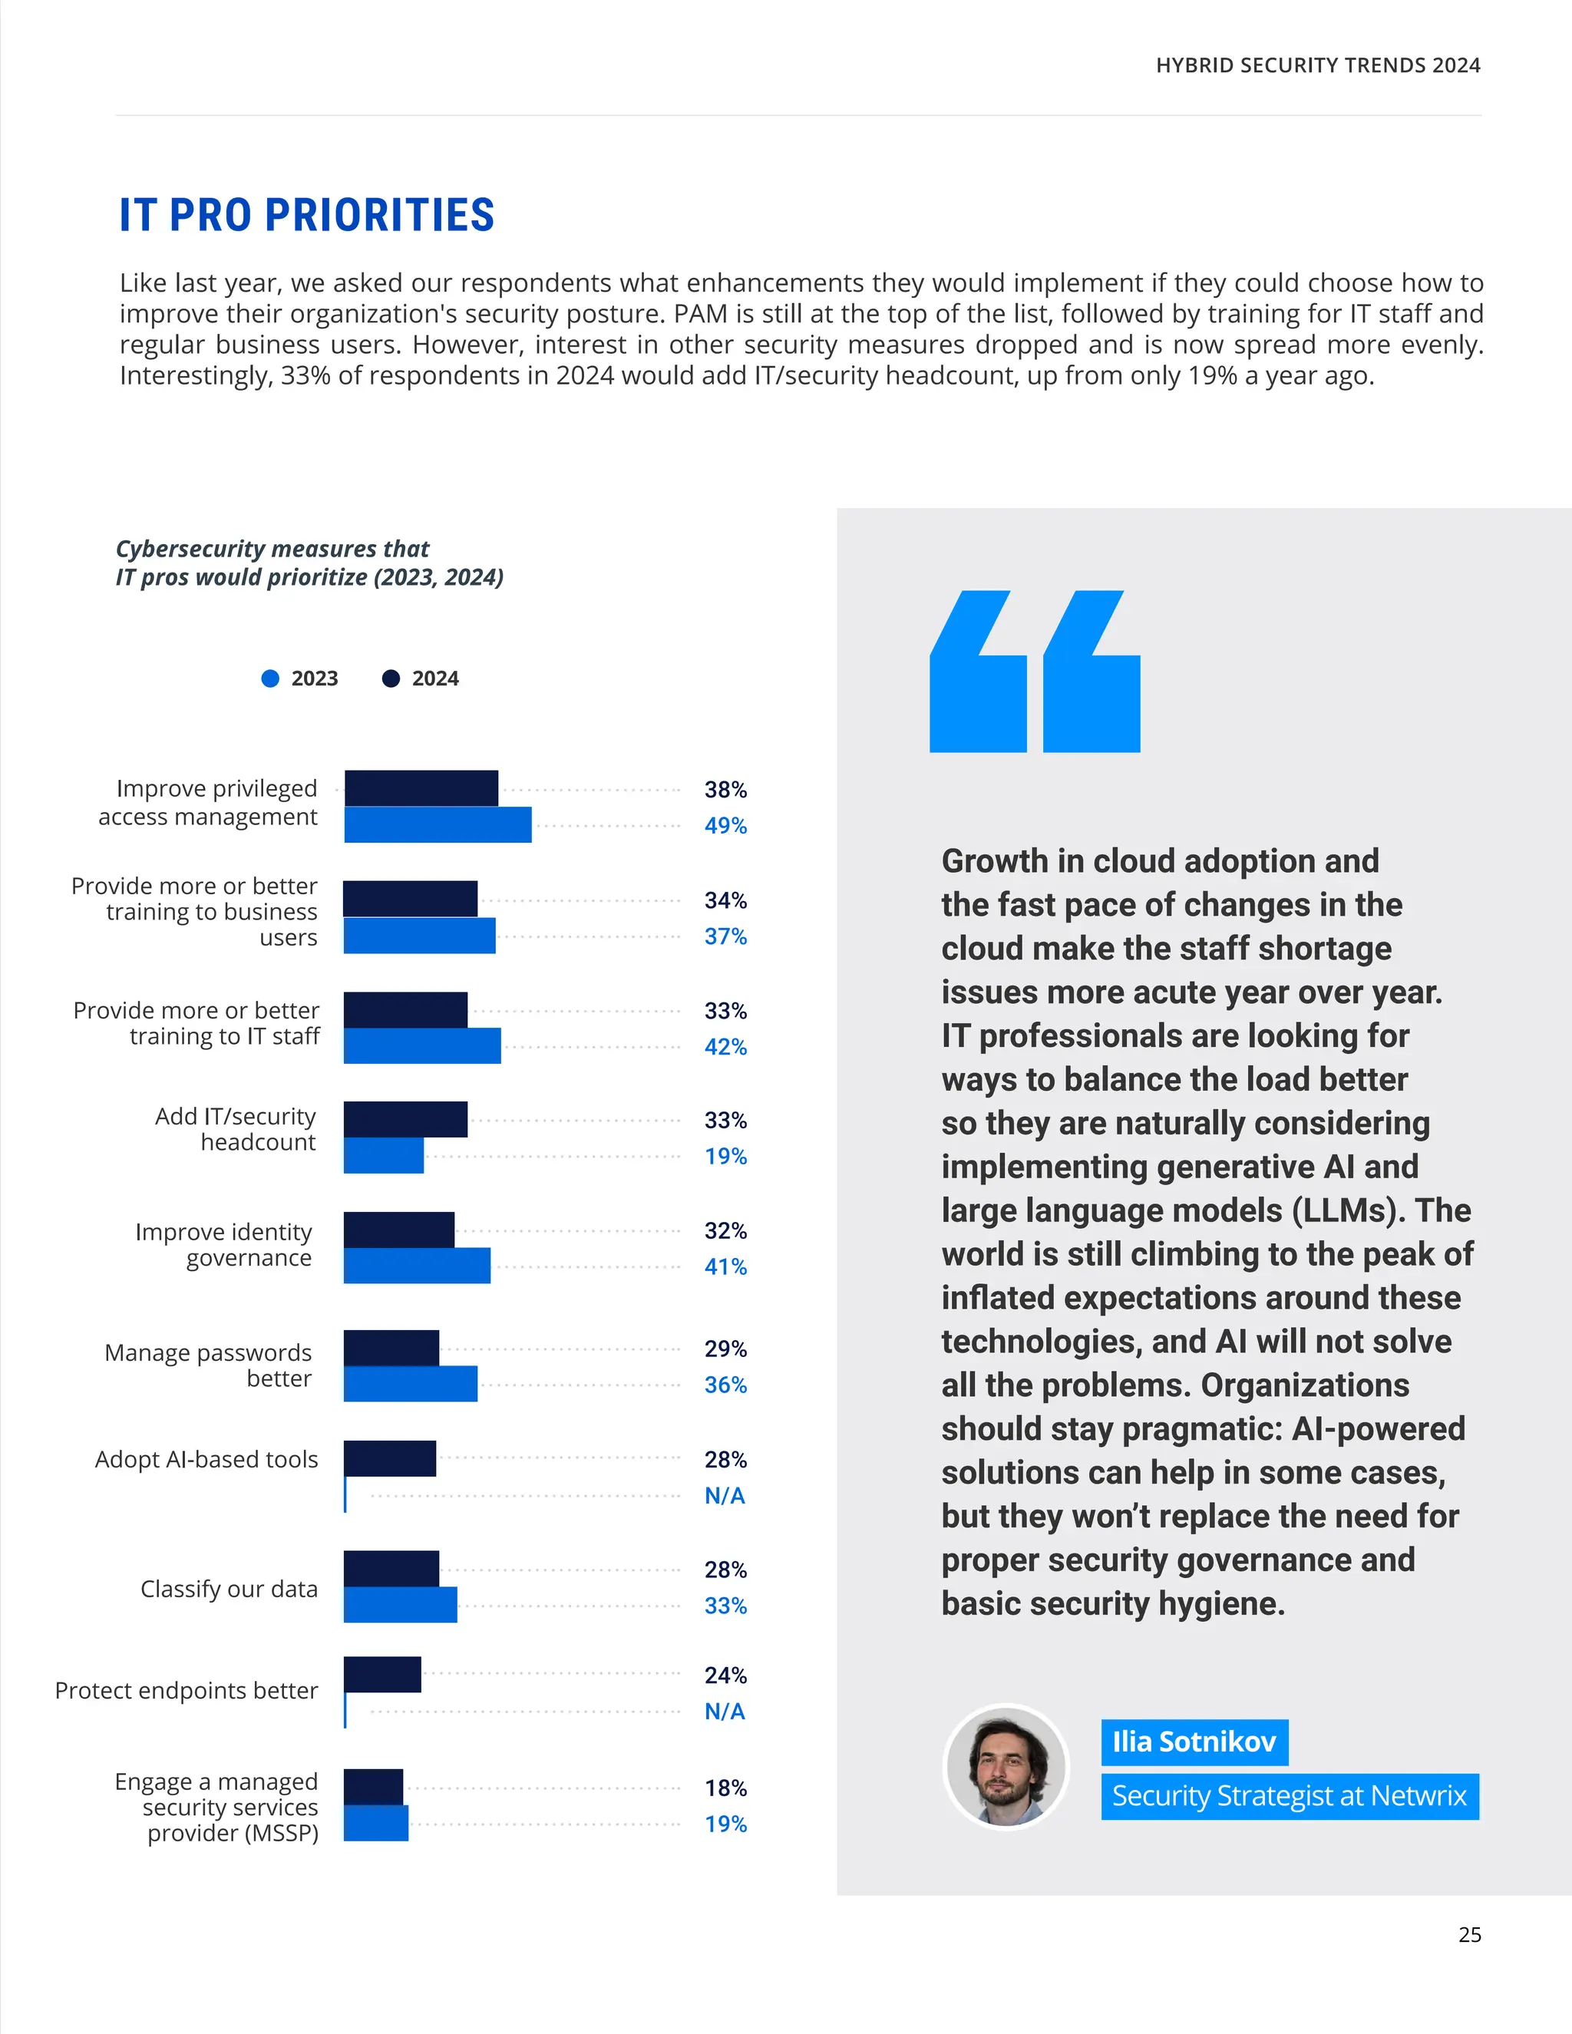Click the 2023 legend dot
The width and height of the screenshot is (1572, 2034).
(x=270, y=678)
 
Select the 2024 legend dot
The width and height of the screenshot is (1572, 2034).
(x=391, y=678)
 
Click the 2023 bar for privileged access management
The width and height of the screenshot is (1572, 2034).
(x=438, y=825)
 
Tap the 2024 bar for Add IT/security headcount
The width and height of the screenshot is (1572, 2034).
(x=405, y=1119)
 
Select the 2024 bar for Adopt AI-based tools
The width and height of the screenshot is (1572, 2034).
(x=389, y=1458)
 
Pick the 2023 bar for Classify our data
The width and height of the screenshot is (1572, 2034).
(x=401, y=1605)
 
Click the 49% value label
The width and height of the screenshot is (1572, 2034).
(x=725, y=825)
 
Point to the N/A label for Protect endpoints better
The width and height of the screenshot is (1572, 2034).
(x=725, y=1711)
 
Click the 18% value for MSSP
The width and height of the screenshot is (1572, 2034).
(x=725, y=1788)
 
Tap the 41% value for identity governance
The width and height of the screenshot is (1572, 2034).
(x=725, y=1266)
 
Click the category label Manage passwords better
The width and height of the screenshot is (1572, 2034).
(x=209, y=1365)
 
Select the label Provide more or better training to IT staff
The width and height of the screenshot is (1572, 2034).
(x=196, y=1023)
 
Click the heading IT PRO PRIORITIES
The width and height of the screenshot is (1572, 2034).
(x=306, y=215)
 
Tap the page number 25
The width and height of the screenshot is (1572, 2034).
(x=1470, y=1934)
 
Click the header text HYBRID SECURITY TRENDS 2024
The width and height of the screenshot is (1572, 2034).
(x=1318, y=65)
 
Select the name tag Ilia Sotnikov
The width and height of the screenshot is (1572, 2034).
(x=1194, y=1742)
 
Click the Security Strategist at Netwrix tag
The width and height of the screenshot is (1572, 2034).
(x=1289, y=1795)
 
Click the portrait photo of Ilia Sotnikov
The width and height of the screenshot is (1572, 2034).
(x=1006, y=1767)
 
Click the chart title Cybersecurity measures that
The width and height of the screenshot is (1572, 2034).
(x=272, y=549)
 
